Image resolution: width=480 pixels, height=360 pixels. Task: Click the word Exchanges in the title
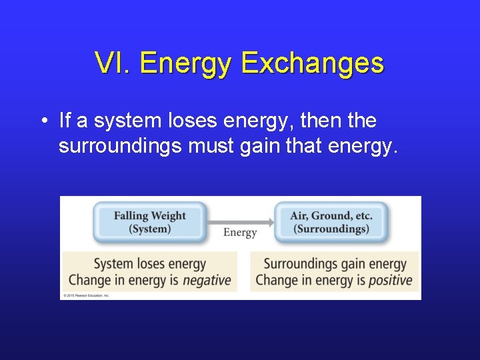312,63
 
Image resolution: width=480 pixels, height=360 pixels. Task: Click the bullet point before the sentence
43,121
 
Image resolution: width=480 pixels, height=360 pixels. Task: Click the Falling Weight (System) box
149,222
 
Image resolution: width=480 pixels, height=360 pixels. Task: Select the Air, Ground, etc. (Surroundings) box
331,222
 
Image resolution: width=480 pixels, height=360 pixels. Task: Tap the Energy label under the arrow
240,233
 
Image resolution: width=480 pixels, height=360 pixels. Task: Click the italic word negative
207,280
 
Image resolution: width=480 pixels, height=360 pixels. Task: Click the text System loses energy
149,264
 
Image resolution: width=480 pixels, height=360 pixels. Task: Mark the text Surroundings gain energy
335,264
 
